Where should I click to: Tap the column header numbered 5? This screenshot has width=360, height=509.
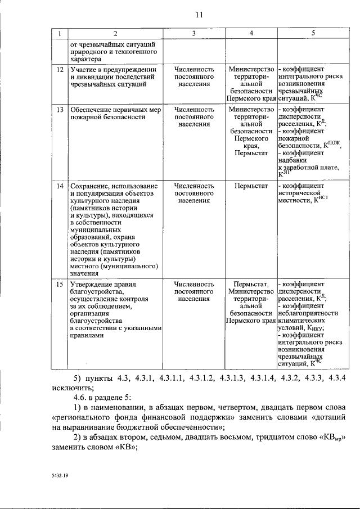312,34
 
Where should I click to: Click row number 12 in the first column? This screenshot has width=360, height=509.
60,69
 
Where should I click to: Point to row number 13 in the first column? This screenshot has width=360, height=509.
60,109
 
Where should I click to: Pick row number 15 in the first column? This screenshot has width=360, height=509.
60,284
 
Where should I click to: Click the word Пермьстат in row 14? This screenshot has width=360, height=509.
251,185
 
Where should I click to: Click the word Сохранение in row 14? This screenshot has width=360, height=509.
88,185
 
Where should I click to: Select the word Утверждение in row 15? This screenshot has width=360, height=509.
91,284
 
